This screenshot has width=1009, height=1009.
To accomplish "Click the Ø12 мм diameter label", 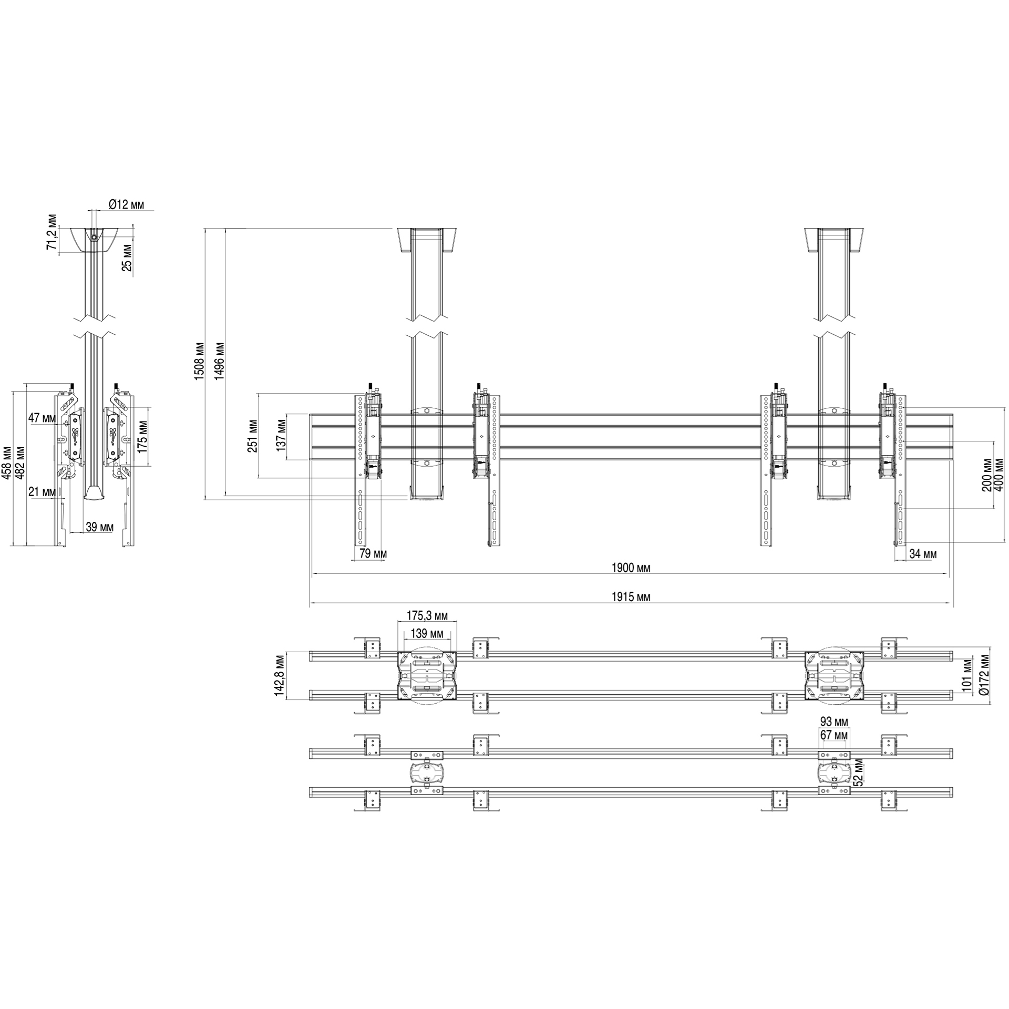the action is (x=127, y=205).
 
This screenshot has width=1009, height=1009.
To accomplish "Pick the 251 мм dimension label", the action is (x=253, y=436).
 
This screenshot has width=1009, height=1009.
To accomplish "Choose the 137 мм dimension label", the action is (x=281, y=436).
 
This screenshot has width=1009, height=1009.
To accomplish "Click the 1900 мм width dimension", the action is (x=631, y=568).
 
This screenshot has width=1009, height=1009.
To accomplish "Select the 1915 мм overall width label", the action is (x=631, y=597).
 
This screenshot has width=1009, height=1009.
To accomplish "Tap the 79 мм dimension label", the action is (x=373, y=554).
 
